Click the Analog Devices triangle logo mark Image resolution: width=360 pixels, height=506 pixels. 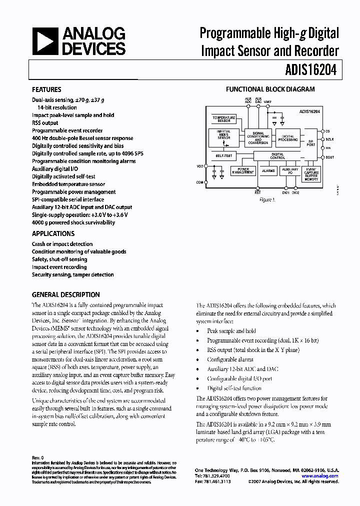(x=44, y=41)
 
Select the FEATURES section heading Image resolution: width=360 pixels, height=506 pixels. (x=46, y=89)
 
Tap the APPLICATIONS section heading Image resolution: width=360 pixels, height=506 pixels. (x=53, y=233)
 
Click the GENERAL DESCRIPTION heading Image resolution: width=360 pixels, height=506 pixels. (x=65, y=294)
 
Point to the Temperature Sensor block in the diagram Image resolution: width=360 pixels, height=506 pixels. (x=224, y=119)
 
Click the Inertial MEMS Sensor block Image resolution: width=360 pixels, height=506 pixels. (x=224, y=137)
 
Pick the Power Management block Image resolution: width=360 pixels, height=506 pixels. (x=242, y=171)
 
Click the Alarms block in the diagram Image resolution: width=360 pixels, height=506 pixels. (x=269, y=171)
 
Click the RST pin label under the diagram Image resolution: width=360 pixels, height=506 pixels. (x=257, y=192)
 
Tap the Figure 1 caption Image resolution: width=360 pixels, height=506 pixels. (x=267, y=199)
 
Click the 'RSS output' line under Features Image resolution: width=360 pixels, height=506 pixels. (x=45, y=122)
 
